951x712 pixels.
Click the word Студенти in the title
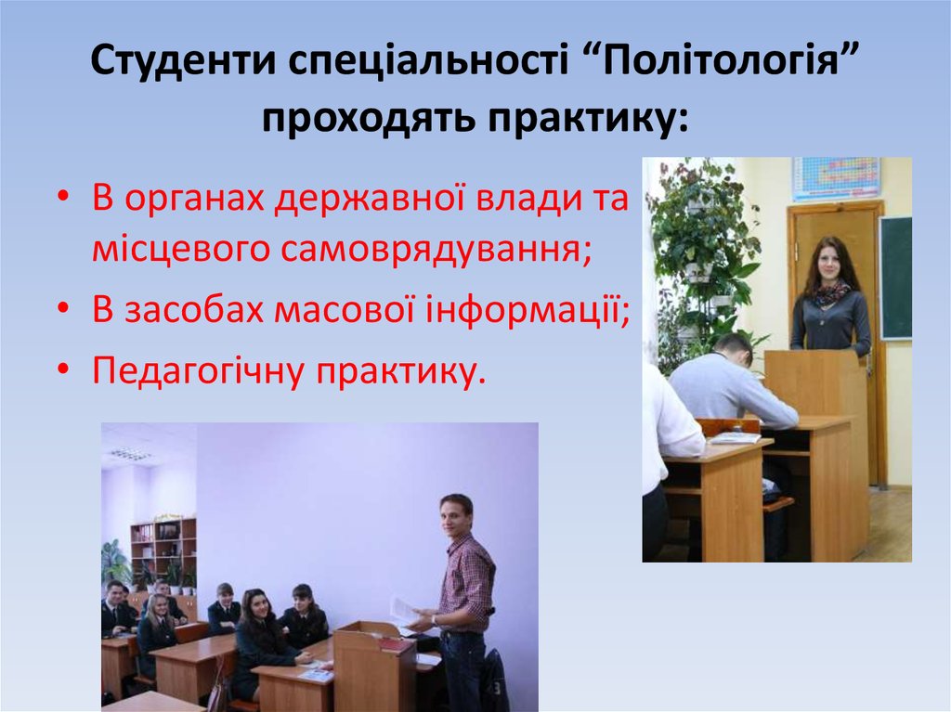[184, 59]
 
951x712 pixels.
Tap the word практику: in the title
[588, 118]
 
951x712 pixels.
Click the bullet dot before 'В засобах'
[64, 309]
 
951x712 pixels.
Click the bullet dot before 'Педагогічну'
[64, 369]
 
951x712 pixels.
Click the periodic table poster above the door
[836, 177]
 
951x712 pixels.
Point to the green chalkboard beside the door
[896, 278]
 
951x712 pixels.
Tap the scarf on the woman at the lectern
[830, 293]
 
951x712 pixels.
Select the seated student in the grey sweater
[731, 385]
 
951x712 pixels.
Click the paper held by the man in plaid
[405, 610]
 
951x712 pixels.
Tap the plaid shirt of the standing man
[466, 576]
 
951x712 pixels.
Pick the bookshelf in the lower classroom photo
[163, 556]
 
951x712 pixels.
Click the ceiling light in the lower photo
[130, 453]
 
